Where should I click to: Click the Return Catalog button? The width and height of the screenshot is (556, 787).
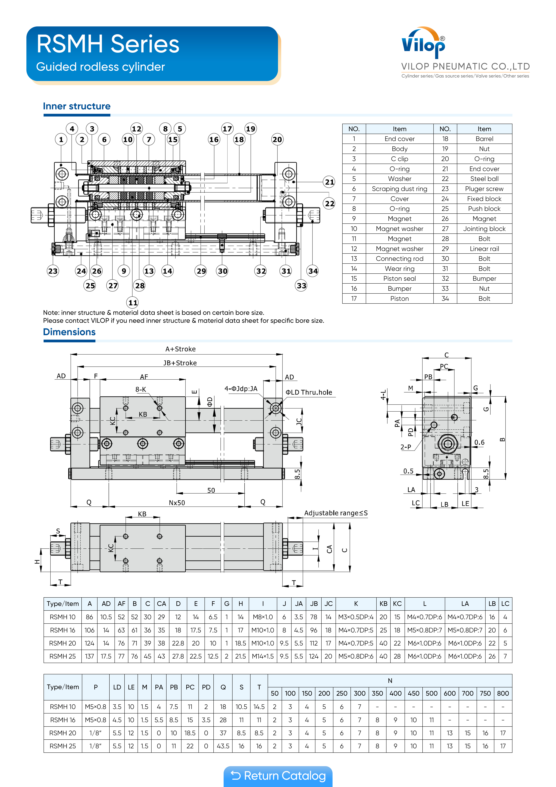pyautogui.click(x=278, y=776)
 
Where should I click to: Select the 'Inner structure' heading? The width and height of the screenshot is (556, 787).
pyautogui.click(x=77, y=106)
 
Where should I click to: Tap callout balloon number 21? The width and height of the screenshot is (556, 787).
pyautogui.click(x=329, y=182)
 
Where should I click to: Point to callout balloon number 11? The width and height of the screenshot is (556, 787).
pyautogui.click(x=133, y=302)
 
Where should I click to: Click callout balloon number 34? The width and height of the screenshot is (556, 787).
pyautogui.click(x=313, y=271)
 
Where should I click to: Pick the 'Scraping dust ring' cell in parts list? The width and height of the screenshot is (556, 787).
pyautogui.click(x=400, y=189)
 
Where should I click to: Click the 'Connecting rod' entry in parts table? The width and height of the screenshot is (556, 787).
pyautogui.click(x=400, y=259)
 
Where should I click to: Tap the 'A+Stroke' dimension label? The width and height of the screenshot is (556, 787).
pyautogui.click(x=181, y=349)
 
